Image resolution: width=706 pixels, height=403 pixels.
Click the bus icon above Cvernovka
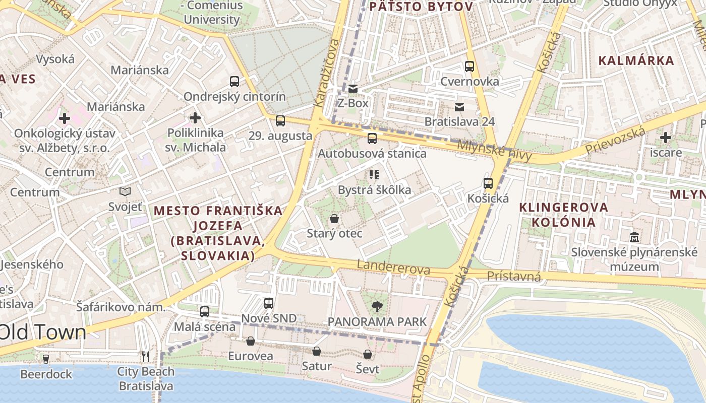[469, 66]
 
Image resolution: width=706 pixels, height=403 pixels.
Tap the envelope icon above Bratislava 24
[459, 107]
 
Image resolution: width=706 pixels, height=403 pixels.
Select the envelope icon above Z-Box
[353, 89]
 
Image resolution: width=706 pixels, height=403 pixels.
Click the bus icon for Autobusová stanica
[372, 139]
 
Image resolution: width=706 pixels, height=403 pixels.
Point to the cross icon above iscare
[666, 137]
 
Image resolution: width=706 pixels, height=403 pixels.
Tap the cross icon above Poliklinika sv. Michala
[195, 118]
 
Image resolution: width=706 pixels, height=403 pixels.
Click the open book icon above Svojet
[125, 192]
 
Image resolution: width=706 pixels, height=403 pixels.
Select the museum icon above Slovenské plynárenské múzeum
[634, 237]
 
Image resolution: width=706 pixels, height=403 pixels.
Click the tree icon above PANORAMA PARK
[377, 306]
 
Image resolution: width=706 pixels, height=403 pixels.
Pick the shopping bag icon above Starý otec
[334, 219]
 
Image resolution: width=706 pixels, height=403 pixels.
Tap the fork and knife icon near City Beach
[146, 357]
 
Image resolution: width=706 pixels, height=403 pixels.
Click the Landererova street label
[393, 267]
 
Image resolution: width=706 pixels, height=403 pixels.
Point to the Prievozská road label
[615, 142]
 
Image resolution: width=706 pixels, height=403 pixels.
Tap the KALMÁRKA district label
[636, 61]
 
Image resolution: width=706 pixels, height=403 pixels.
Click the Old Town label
[43, 332]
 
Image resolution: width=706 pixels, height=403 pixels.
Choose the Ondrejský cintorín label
[234, 97]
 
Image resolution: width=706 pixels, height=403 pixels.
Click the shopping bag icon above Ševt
[368, 355]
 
